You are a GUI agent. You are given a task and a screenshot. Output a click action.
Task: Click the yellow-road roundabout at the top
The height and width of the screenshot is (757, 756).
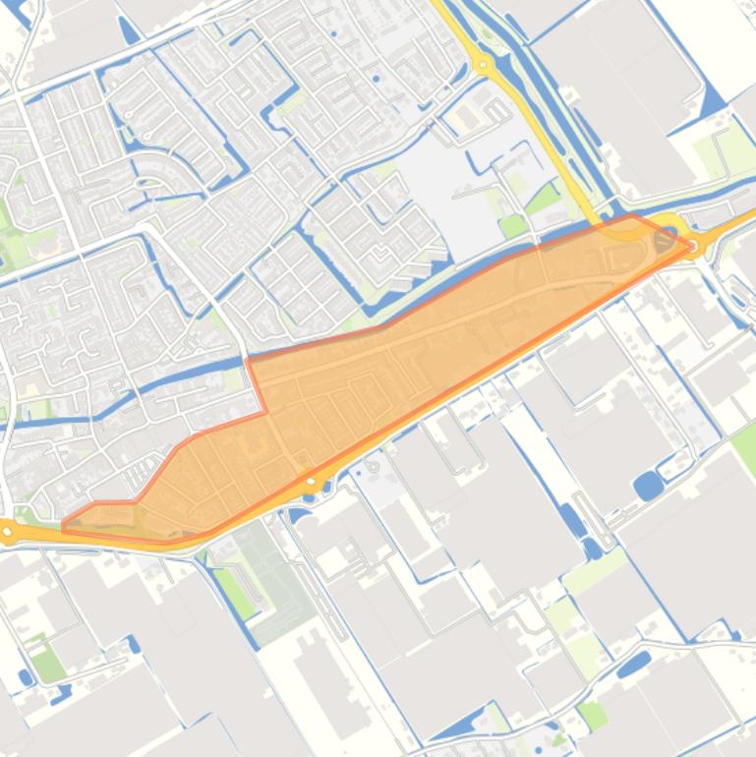[483, 66]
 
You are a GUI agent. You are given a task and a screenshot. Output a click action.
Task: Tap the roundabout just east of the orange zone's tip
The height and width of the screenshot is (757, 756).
[695, 245]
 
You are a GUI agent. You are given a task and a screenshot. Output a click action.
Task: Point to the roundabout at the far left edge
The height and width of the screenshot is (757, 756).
[8, 533]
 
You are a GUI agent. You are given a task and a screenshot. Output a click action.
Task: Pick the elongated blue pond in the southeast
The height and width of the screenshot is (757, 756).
[634, 665]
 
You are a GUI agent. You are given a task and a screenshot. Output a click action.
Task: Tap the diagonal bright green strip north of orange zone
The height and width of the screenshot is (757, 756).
[543, 200]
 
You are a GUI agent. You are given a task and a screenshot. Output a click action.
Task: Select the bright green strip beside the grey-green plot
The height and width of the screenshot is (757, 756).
[234, 591]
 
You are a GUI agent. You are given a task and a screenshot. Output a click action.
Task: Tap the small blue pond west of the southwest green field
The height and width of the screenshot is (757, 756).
[24, 677]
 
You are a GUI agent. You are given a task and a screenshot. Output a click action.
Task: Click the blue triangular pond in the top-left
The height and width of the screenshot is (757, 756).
[129, 29]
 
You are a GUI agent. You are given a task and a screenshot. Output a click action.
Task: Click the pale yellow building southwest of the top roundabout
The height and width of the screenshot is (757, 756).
[462, 118]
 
